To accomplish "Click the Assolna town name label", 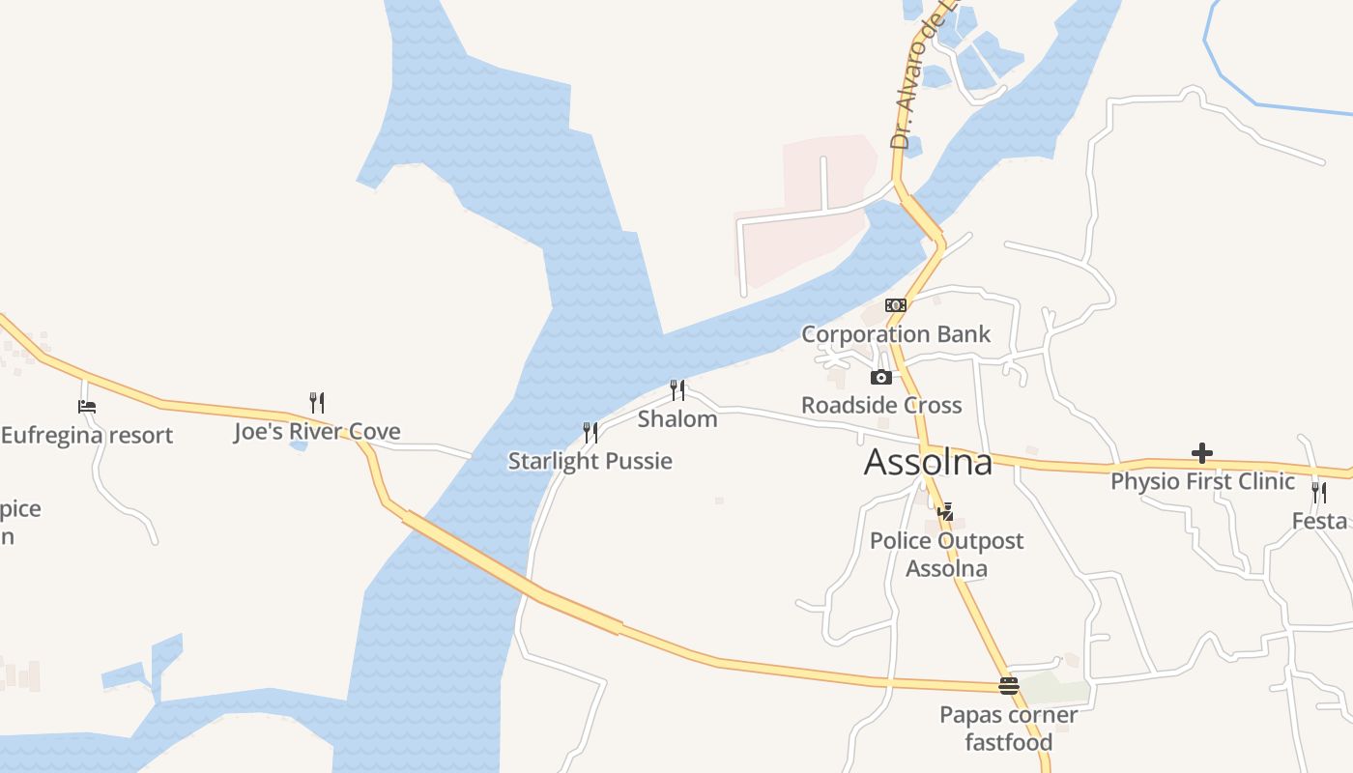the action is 928,463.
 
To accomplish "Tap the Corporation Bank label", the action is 896,334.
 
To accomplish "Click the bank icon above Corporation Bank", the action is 895,305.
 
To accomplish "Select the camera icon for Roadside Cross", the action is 880,377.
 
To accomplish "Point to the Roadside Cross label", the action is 881,405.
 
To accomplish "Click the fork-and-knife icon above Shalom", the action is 677,390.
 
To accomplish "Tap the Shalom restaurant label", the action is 677,419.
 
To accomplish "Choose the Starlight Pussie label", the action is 590,461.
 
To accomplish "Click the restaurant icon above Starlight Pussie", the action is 590,432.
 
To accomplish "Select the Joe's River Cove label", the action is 317,432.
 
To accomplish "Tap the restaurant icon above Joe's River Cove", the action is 316,402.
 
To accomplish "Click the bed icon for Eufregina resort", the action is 87,407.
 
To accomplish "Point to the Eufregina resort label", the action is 87,435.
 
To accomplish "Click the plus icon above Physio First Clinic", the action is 1201,452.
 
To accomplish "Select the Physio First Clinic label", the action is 1201,481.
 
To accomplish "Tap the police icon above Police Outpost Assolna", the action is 945,511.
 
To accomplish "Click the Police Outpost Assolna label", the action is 946,555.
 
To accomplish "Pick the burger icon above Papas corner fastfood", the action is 1009,686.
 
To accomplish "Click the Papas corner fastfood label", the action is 1009,729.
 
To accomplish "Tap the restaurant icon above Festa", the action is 1319,492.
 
